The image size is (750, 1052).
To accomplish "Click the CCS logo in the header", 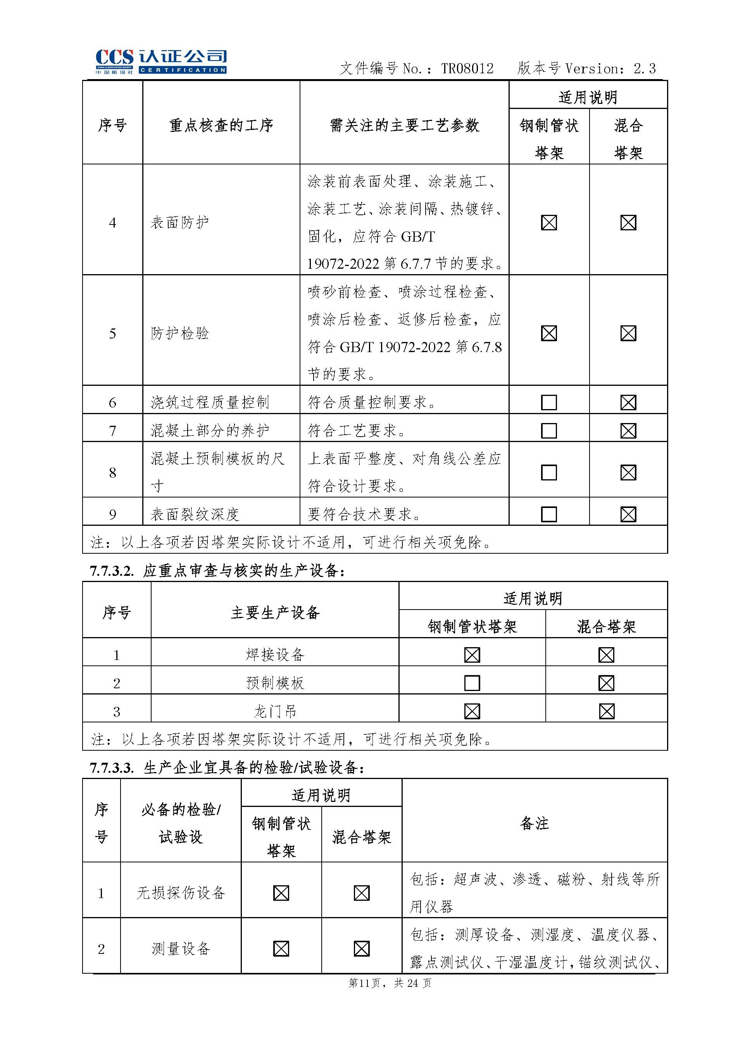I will [x=161, y=61].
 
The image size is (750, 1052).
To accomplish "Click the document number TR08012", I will [x=467, y=69].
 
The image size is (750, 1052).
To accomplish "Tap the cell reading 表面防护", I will [x=179, y=223].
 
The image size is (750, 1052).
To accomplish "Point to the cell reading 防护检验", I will [x=179, y=333].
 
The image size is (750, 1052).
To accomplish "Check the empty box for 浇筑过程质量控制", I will [x=549, y=402].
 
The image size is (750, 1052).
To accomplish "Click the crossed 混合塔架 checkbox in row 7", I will [x=628, y=430].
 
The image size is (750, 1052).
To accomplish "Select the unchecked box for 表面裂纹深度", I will [x=549, y=514].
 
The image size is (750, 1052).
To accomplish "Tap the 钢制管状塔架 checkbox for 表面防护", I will [x=549, y=223].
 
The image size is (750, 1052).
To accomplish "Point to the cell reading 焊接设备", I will [x=275, y=655].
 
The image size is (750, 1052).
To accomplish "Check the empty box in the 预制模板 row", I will [x=472, y=683].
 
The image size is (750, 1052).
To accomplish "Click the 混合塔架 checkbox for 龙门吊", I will [x=606, y=711].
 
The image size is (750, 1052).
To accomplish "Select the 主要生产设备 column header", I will [x=275, y=613].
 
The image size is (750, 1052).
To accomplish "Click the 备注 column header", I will [x=534, y=823].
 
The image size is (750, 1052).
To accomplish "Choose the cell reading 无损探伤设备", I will [x=181, y=893].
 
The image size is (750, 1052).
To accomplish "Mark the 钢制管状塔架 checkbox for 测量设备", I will [x=281, y=948].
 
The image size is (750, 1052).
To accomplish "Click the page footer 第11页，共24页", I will [x=389, y=983].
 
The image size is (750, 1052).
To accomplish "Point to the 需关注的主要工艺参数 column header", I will [x=404, y=125].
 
